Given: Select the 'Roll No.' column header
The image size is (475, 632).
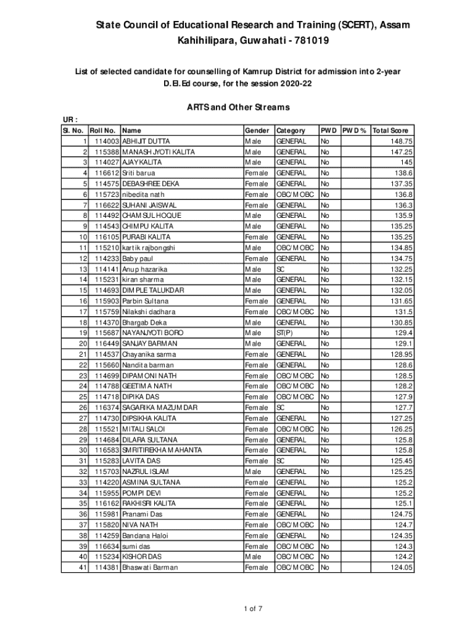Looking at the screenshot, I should [x=103, y=131].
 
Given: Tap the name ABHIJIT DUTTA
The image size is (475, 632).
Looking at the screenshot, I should [x=146, y=141].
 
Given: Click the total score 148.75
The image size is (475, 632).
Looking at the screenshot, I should [x=400, y=141].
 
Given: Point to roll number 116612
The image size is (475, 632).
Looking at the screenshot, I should [x=107, y=173].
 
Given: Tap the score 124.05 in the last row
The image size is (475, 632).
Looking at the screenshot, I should [x=400, y=567].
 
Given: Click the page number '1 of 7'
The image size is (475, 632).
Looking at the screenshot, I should [x=254, y=610].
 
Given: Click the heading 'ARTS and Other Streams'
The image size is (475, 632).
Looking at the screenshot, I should [x=238, y=107].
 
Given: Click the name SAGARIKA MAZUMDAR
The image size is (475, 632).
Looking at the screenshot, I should [x=160, y=407].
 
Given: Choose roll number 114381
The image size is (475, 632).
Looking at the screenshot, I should [x=107, y=567].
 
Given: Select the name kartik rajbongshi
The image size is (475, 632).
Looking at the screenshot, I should [x=149, y=247].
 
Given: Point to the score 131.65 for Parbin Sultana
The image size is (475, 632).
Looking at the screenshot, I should [x=400, y=301].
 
